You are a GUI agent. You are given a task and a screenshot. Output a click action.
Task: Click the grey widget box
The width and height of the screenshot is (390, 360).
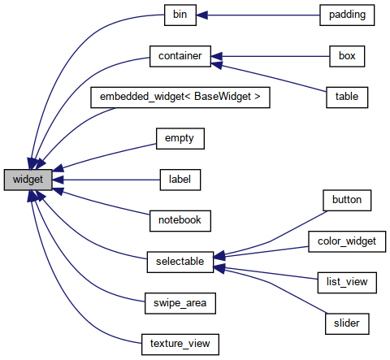(28, 179)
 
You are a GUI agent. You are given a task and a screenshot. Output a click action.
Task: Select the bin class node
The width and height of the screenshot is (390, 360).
(180, 15)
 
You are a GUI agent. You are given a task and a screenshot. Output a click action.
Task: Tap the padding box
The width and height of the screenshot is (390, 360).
(347, 15)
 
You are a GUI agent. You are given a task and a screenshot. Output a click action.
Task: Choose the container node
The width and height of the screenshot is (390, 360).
(180, 56)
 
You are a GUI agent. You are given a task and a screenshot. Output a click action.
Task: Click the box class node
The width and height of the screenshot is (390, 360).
(347, 56)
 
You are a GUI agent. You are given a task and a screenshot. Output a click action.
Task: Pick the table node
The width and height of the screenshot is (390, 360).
(347, 97)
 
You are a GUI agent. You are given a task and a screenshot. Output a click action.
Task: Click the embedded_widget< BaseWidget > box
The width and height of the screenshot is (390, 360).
(180, 97)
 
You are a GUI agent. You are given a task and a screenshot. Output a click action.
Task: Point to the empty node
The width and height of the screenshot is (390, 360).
(180, 138)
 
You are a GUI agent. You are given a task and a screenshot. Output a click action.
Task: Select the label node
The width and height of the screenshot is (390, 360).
(180, 179)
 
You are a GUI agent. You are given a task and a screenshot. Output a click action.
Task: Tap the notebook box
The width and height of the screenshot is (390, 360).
(180, 220)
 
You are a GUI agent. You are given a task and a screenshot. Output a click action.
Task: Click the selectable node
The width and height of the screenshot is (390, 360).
(180, 262)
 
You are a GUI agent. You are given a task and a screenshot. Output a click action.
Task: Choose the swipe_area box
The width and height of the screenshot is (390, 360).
(180, 303)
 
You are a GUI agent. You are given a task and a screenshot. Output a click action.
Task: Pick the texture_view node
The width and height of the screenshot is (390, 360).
(180, 344)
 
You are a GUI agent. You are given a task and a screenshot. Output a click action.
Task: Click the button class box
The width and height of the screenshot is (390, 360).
(347, 199)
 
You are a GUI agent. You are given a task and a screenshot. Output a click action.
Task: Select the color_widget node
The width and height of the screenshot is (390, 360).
(347, 241)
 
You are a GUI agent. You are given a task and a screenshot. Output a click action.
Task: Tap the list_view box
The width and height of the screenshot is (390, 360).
(347, 282)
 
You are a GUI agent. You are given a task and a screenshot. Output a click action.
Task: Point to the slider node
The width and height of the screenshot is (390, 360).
(347, 323)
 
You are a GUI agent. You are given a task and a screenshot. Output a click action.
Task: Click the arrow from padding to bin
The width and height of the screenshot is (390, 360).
(260, 15)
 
